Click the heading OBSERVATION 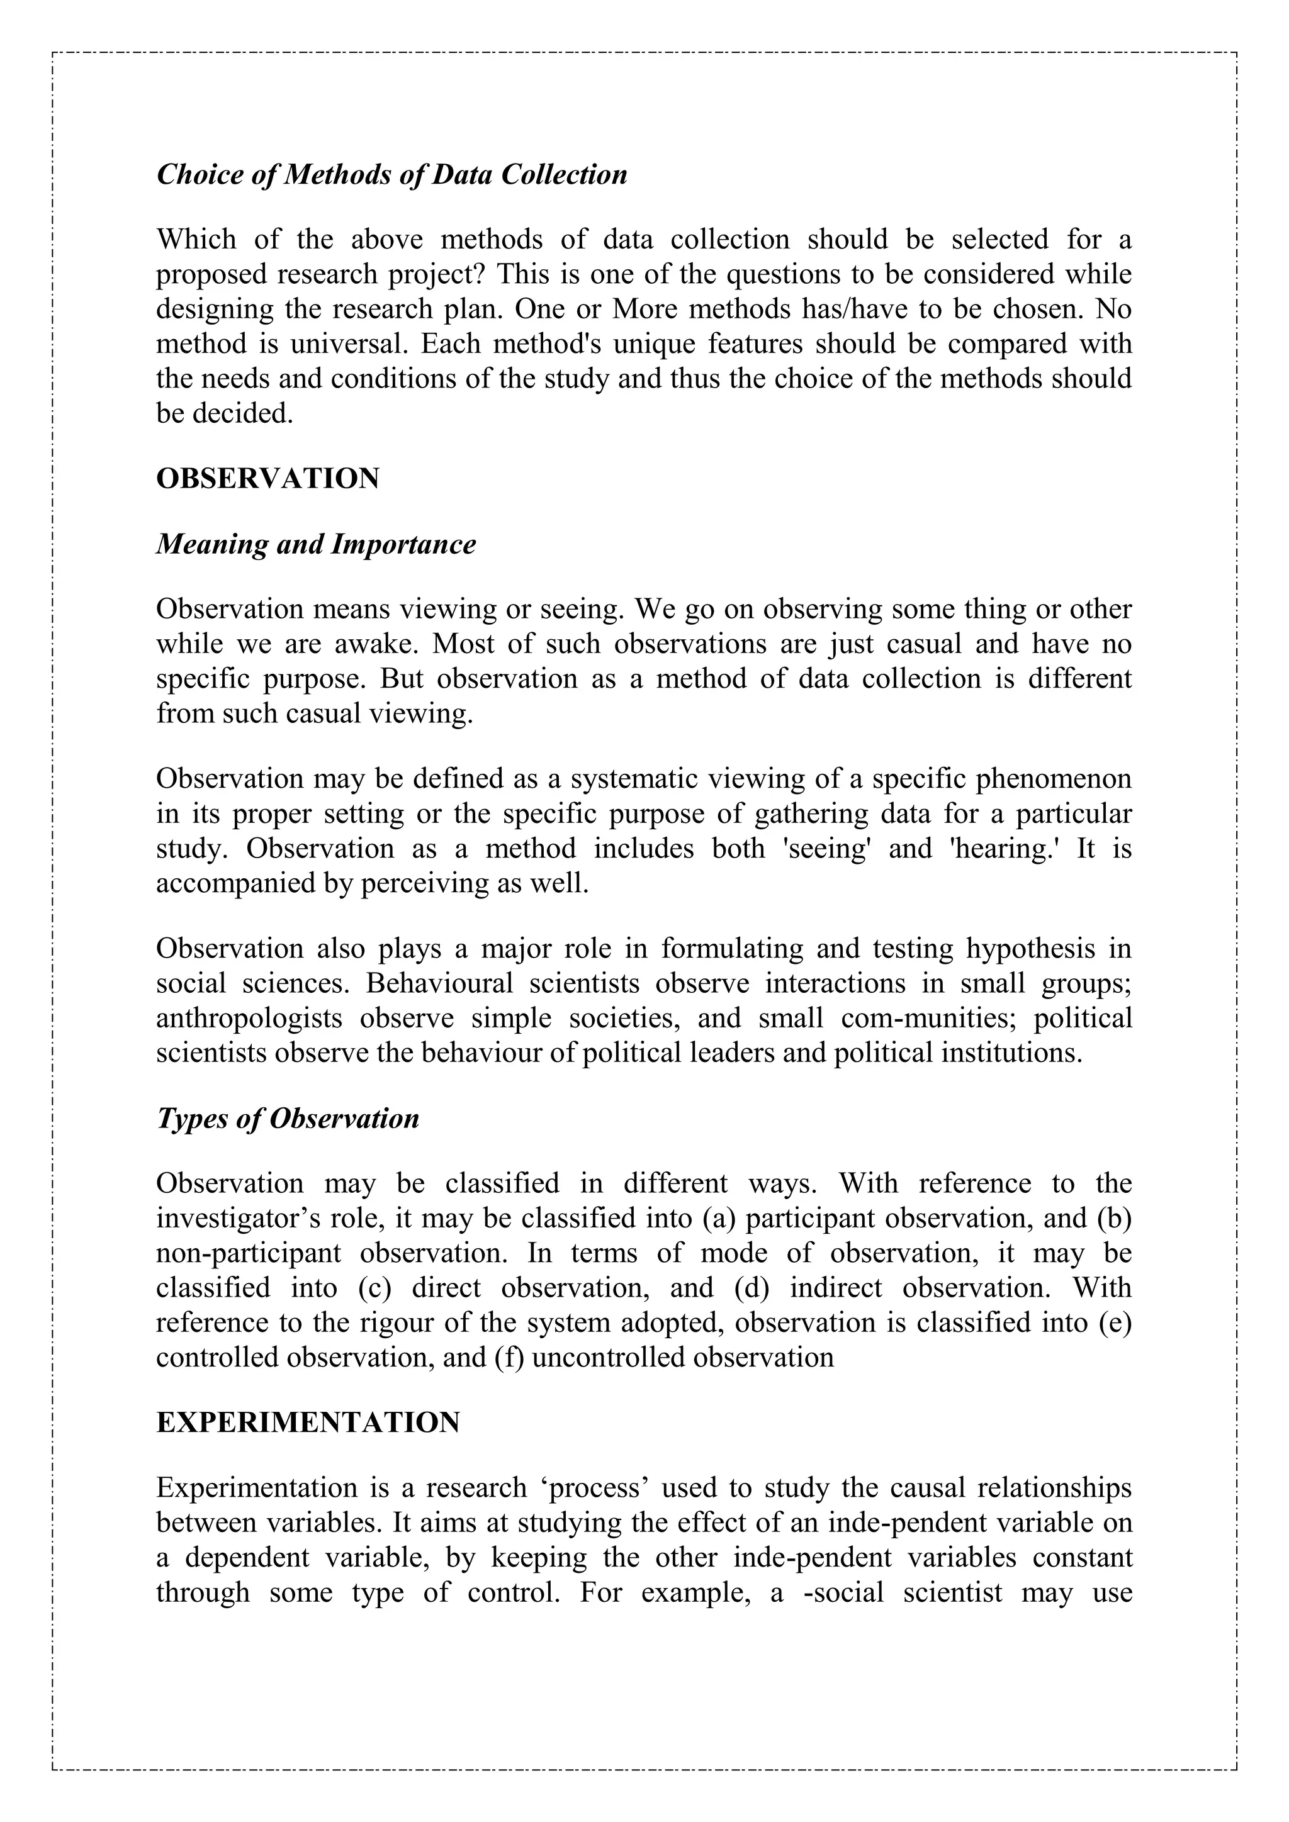pos(267,479)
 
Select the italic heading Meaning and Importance pos(316,544)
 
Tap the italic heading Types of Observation pos(288,1119)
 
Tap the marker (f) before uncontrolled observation pos(509,1358)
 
